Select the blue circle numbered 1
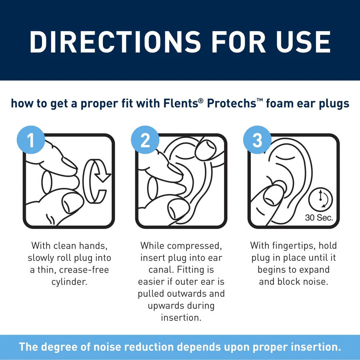[30, 140]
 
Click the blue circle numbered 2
[144, 140]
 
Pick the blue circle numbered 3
[257, 140]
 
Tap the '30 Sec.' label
[319, 218]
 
